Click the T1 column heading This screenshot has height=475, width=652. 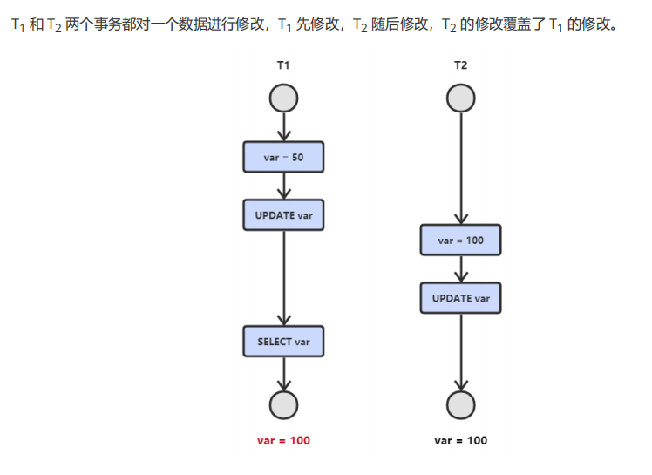click(282, 65)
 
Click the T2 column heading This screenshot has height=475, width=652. click(460, 65)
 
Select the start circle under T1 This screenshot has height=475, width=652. click(283, 98)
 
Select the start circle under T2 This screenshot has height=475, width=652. click(460, 98)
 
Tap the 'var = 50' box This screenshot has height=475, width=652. click(283, 157)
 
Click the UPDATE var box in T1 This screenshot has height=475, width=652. click(283, 215)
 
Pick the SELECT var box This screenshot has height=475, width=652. click(283, 342)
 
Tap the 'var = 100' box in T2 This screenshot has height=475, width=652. click(460, 240)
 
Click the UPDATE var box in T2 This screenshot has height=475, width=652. click(460, 298)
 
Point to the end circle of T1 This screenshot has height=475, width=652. click(283, 404)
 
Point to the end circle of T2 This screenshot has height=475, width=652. click(460, 404)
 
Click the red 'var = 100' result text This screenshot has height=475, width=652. click(283, 440)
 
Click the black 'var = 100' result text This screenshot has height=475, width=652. click(460, 440)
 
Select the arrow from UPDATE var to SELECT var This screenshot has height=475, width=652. click(283, 279)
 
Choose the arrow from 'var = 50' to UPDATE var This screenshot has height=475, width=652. click(283, 186)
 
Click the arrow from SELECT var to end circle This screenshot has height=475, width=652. click(283, 373)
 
